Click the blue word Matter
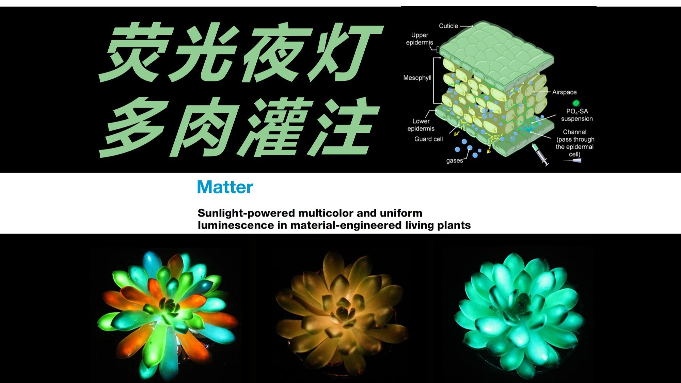tap(225, 187)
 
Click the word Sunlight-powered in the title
tap(247, 213)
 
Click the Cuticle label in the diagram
tap(448, 26)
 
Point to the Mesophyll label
tap(417, 78)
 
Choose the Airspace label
tap(564, 92)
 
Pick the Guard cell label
tap(428, 139)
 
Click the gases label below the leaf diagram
tap(455, 161)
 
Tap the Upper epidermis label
tap(419, 39)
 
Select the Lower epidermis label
tap(421, 125)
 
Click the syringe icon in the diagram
tap(540, 155)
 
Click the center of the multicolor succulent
tap(168, 308)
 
